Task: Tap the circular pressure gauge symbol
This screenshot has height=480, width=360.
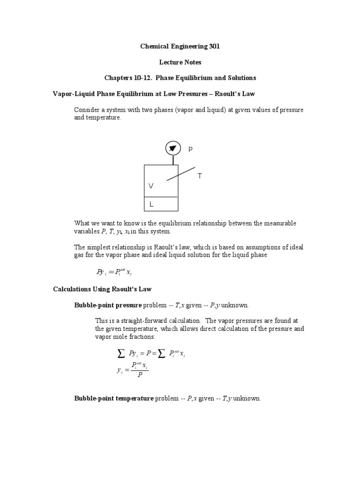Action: pyautogui.click(x=173, y=149)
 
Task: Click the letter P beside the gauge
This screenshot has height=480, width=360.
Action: pyautogui.click(x=190, y=150)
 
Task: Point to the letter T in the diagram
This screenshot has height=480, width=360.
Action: pyautogui.click(x=200, y=176)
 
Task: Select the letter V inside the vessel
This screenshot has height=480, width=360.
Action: pyautogui.click(x=151, y=186)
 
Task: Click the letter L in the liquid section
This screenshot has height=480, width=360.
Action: pyautogui.click(x=151, y=205)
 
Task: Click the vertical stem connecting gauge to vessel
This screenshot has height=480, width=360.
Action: pyautogui.click(x=173, y=160)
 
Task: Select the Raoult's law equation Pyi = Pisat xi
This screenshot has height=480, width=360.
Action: pyautogui.click(x=117, y=272)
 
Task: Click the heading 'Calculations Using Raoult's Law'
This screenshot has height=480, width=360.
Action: pyautogui.click(x=102, y=289)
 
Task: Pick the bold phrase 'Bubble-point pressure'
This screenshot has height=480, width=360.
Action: pyautogui.click(x=108, y=305)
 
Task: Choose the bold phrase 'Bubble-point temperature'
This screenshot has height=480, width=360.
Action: pyautogui.click(x=114, y=398)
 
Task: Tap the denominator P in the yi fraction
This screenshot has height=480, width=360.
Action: pyautogui.click(x=140, y=375)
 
